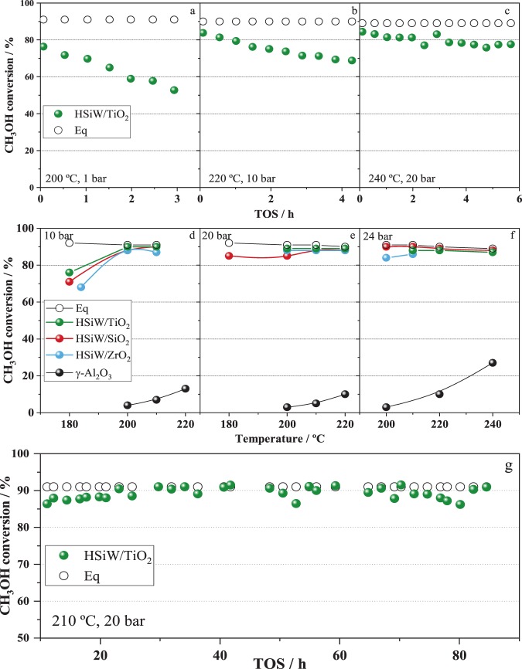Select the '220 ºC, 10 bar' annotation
pyautogui.click(x=237, y=178)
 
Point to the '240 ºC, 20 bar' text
pyautogui.click(x=397, y=178)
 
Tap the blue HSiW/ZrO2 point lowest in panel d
pyautogui.click(x=81, y=287)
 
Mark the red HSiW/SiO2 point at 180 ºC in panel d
pyautogui.click(x=70, y=281)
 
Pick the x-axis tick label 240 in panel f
pyautogui.click(x=493, y=425)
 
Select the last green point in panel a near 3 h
pyautogui.click(x=174, y=90)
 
